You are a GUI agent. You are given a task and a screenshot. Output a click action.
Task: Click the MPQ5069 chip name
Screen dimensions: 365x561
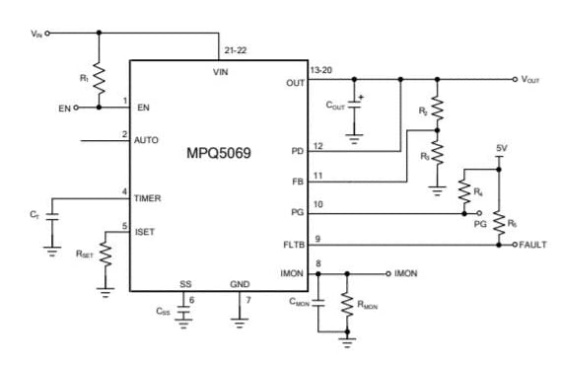220,154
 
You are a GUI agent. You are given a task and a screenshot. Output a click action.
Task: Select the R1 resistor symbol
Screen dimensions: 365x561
99,79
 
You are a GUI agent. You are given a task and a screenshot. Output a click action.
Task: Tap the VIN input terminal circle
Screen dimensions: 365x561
47,34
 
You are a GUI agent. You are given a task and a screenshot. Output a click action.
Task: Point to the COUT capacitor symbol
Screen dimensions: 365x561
354,106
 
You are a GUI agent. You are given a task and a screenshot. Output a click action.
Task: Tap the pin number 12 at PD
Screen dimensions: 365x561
317,146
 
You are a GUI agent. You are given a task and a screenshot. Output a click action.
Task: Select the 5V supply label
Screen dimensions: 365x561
501,149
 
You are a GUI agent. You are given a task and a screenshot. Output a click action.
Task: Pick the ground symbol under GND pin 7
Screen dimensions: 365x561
237,319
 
